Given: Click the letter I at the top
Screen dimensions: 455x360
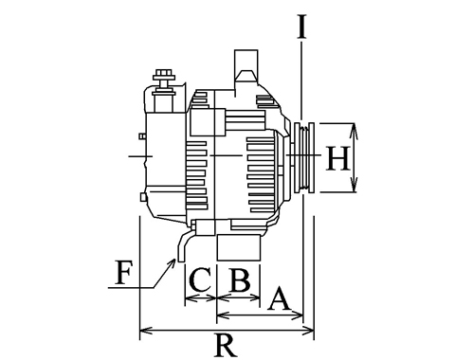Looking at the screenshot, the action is [x=301, y=27].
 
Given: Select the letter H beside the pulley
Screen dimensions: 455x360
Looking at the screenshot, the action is [x=337, y=158].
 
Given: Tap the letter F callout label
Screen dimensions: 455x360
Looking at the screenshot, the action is [x=123, y=272].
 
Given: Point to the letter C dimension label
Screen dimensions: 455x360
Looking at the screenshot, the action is [x=200, y=279].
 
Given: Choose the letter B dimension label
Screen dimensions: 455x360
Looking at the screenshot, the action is [x=240, y=279].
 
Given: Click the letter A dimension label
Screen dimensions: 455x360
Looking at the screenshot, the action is [x=279, y=298].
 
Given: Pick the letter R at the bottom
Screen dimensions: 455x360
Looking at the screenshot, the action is [x=226, y=345].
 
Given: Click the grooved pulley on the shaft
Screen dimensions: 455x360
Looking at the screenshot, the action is [x=303, y=157].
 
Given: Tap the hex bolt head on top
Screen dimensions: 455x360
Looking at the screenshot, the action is [x=164, y=75].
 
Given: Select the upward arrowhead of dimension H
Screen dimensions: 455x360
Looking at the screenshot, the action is [x=354, y=130].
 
